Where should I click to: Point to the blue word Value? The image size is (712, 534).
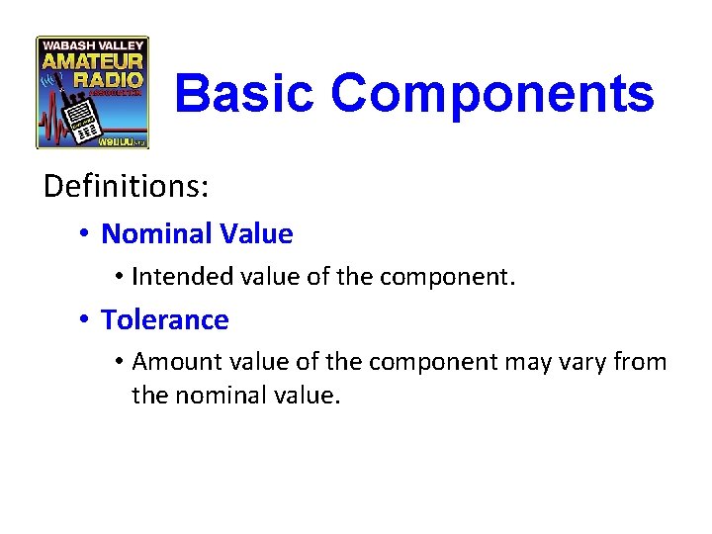point(256,234)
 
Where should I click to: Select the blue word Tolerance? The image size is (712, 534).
point(165,320)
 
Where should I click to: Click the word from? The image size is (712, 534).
point(642,363)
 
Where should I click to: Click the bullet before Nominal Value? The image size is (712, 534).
point(87,234)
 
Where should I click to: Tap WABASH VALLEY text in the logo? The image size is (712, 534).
point(92,45)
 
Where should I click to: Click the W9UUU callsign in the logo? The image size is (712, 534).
point(117,141)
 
